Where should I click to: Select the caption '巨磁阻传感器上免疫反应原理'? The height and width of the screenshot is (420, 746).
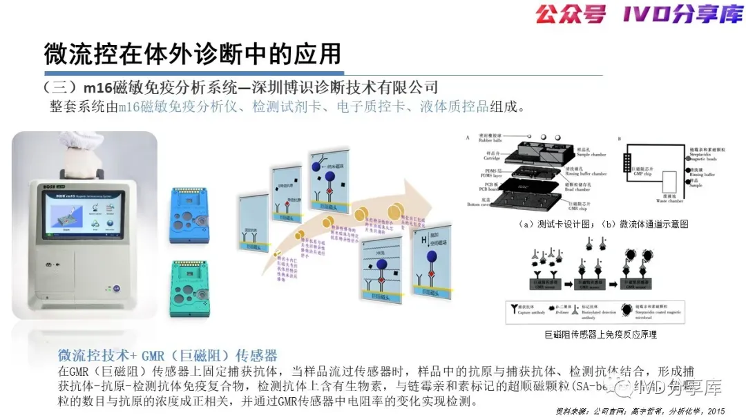(600, 334)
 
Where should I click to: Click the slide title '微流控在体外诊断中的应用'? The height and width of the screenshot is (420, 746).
(193, 53)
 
